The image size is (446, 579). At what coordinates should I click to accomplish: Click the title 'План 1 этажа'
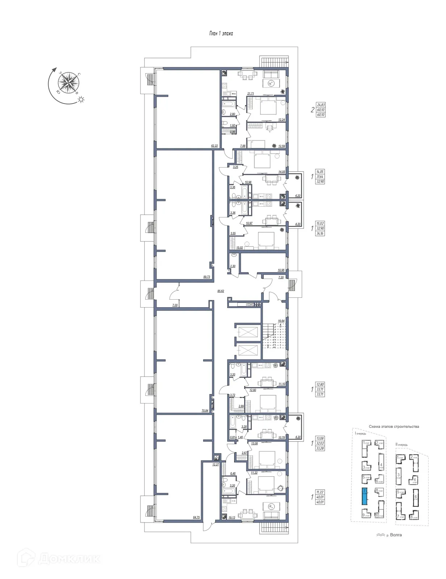(x=221, y=34)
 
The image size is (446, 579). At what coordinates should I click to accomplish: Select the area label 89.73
(x=207, y=277)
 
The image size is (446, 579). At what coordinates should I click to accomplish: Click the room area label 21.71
(x=250, y=94)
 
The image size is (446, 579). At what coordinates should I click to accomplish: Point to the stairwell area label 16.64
(x=281, y=321)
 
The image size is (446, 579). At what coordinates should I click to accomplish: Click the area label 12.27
(x=216, y=464)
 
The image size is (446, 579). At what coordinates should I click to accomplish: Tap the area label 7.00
(x=175, y=305)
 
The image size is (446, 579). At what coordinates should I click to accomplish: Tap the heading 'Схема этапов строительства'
(x=394, y=427)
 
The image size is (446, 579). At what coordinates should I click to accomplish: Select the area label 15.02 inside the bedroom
(x=239, y=248)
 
